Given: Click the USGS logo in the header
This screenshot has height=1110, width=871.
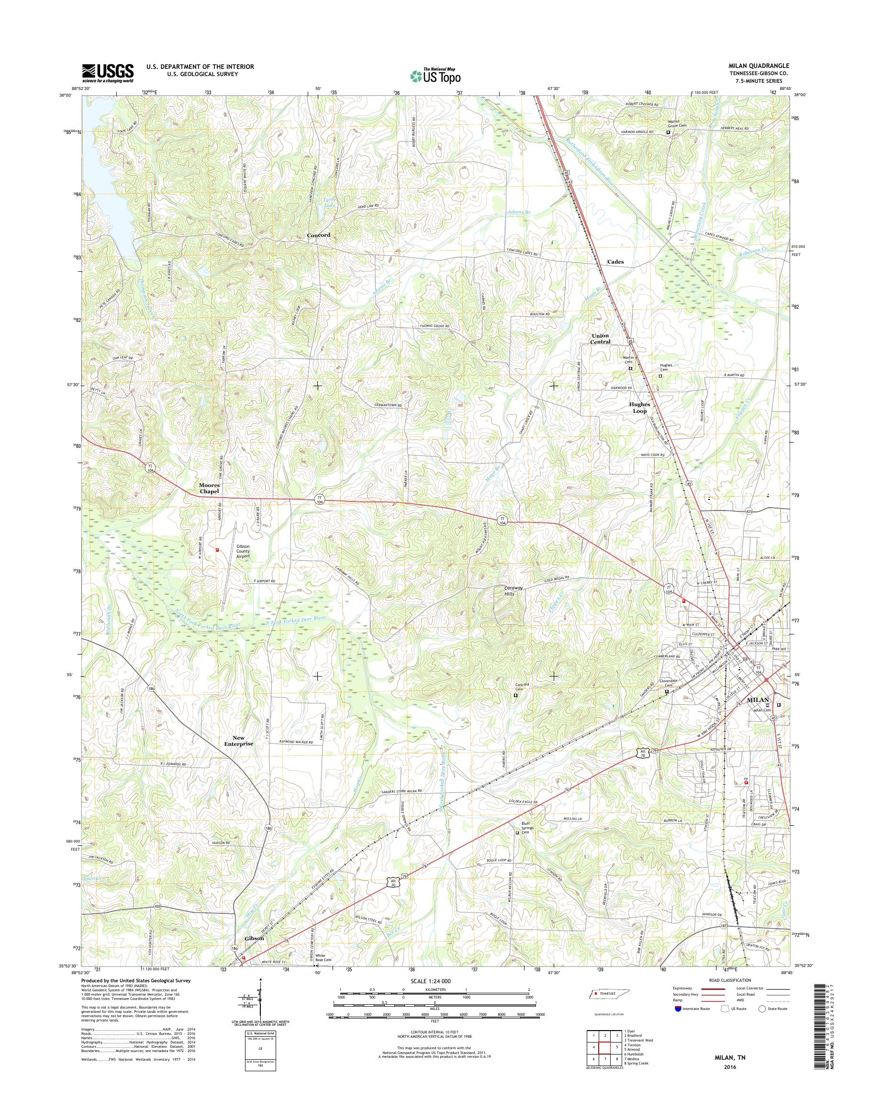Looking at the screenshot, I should pos(108,73).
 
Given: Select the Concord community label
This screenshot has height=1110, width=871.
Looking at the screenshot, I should pos(318,235).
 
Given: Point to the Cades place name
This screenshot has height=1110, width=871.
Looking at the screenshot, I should pos(615,262).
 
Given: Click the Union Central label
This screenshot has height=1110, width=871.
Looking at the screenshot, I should pos(601,339).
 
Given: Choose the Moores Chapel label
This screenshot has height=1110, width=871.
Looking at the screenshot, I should pos(209,488).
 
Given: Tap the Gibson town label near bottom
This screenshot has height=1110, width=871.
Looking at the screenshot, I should pos(254,938).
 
